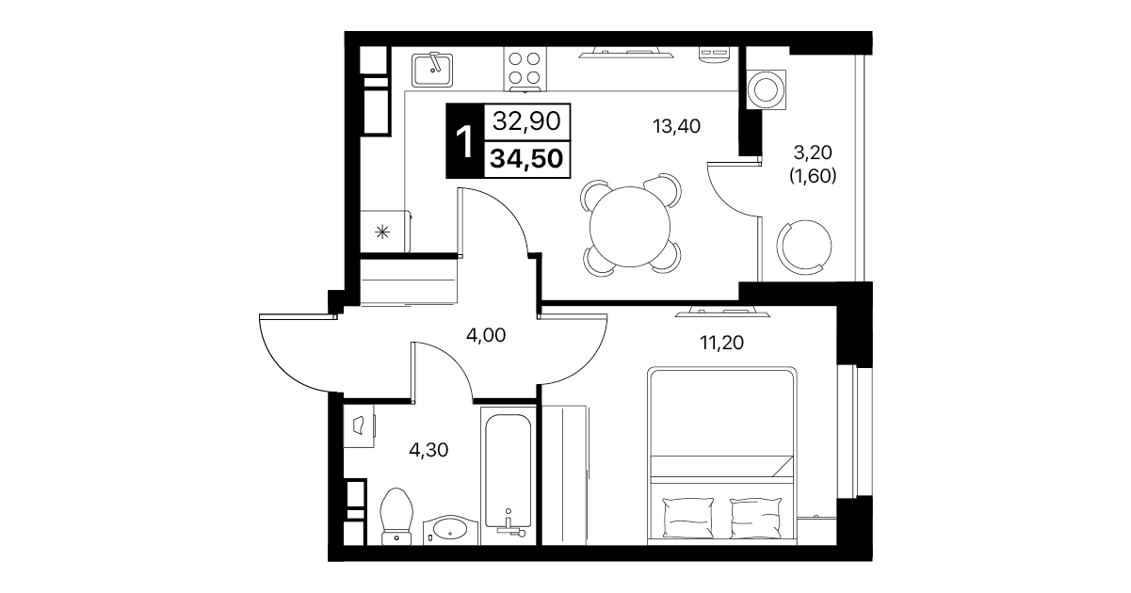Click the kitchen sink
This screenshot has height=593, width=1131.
(432, 70)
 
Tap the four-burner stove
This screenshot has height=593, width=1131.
(525, 69)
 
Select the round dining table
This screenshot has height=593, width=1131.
(630, 227)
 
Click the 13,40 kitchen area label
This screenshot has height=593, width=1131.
(676, 126)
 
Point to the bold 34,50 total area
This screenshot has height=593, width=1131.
(526, 159)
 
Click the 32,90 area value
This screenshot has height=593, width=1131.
(526, 121)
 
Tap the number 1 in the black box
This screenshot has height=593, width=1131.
(464, 142)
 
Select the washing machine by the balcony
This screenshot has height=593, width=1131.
(766, 89)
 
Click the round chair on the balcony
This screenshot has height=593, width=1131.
(804, 248)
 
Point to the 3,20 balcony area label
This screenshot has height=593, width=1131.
(813, 152)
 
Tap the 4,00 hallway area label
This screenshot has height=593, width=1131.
(486, 335)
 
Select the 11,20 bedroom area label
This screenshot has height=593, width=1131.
(721, 344)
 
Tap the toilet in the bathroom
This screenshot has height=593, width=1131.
(396, 517)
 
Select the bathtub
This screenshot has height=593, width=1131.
(508, 475)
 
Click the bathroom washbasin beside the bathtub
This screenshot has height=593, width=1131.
(450, 531)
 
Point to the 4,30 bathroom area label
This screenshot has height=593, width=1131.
(428, 450)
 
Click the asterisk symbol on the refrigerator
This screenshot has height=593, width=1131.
(382, 232)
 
